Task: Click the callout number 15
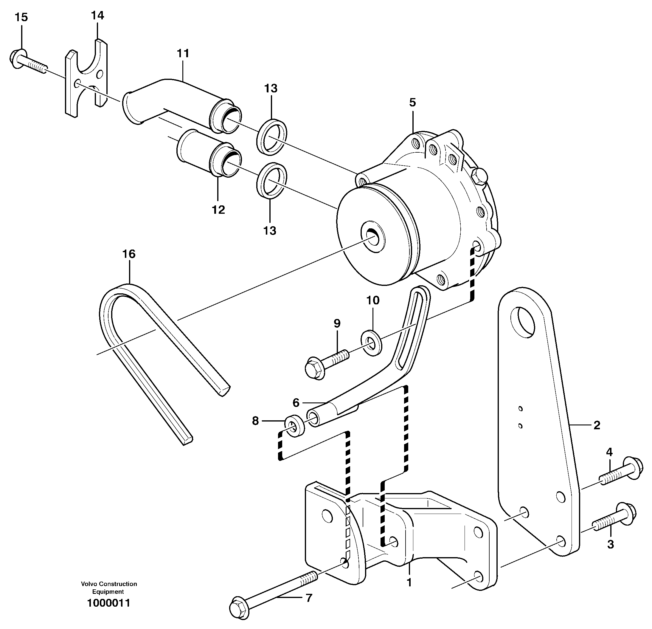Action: point(22,17)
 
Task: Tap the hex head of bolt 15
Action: point(16,59)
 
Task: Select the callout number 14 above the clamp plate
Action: point(97,15)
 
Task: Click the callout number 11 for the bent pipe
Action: point(183,53)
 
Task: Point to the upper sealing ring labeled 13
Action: point(272,137)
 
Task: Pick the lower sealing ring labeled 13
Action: point(272,180)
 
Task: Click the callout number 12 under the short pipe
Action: point(218,209)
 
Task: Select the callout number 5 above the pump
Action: point(412,103)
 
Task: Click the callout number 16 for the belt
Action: point(129,254)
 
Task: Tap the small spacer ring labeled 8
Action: point(294,427)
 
